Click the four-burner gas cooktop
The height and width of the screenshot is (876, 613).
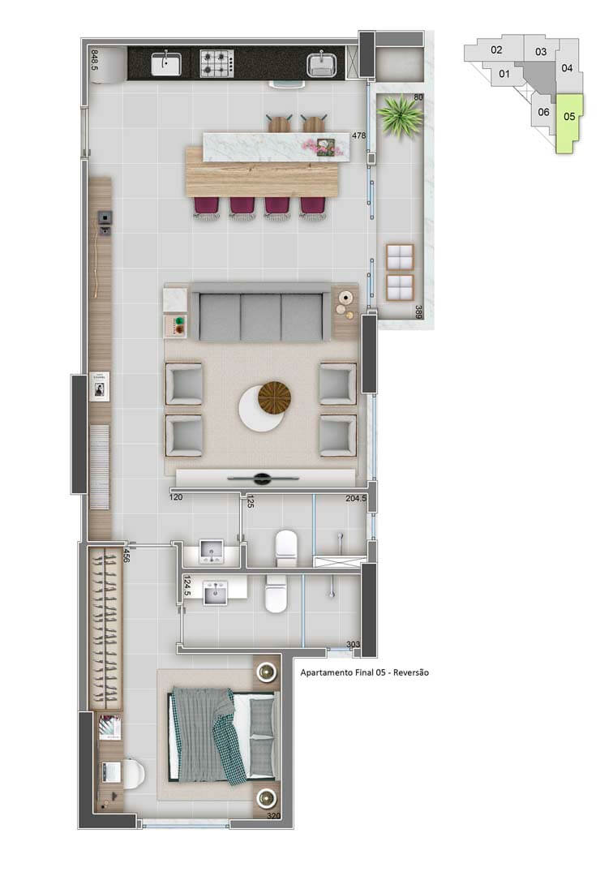[x=216, y=63]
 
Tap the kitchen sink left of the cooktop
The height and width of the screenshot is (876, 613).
[x=166, y=63]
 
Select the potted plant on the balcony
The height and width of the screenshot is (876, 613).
[x=399, y=114]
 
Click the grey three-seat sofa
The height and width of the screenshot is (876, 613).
[x=261, y=312]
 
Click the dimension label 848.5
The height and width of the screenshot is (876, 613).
[x=94, y=60]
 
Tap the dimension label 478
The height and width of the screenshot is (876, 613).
[x=358, y=135]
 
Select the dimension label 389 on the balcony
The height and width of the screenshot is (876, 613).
[x=418, y=311]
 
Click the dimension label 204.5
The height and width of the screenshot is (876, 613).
[x=356, y=498]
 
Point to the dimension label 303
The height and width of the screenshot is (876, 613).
[x=353, y=644]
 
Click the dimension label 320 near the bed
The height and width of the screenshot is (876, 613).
[x=273, y=816]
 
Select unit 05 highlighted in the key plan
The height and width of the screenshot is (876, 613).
[x=569, y=123]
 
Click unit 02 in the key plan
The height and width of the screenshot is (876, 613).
[x=496, y=49]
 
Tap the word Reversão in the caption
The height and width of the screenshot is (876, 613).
[x=411, y=672]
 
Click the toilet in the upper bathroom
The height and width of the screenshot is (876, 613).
[x=286, y=548]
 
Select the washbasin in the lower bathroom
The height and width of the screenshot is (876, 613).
[x=216, y=593]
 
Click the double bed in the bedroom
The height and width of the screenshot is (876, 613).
[x=223, y=736]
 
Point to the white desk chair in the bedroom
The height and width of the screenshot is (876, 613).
[x=133, y=773]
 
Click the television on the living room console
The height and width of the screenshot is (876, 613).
[x=262, y=479]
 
